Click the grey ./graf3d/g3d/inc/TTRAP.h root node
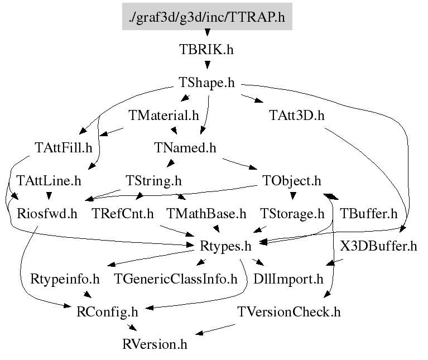(206, 17)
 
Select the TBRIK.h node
(206, 50)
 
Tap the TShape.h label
(206, 83)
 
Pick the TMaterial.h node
(163, 116)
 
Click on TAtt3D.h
(296, 116)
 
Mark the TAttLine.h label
(49, 181)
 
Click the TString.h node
(153, 181)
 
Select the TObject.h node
(291, 181)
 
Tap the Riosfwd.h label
(47, 213)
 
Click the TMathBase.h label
(206, 213)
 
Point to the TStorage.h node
(292, 213)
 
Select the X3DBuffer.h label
(378, 246)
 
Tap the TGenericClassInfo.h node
(176, 279)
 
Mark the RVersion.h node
(155, 344)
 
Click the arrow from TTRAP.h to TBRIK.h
(206, 33)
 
